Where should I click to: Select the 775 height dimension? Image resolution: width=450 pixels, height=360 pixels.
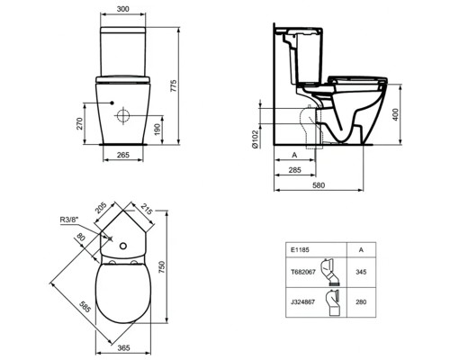(x=192, y=85)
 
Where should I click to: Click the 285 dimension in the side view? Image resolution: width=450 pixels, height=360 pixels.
(x=294, y=169)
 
